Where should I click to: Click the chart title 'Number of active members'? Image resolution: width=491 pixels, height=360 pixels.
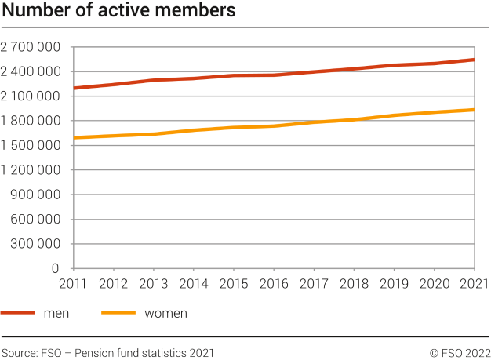pos(118,12)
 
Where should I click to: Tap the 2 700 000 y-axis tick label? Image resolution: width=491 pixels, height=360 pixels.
pos(31,47)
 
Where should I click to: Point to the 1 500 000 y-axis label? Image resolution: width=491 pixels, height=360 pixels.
pos(31,145)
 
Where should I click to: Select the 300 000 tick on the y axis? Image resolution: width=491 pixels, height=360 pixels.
pos(35,244)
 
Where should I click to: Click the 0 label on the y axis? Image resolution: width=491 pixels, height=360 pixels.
pos(56,268)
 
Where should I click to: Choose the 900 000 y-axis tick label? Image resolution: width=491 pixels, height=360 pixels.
pos(35,195)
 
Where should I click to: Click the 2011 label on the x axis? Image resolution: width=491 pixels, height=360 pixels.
pos(72,283)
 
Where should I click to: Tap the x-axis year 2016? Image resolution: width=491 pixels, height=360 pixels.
pos(273,283)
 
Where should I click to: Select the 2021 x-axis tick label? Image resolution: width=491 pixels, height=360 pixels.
pos(474,283)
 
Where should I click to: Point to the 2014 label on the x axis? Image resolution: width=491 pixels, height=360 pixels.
pos(193,283)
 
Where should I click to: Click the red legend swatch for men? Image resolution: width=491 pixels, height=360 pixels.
pos(18,313)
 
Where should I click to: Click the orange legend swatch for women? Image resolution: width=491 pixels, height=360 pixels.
pos(118,313)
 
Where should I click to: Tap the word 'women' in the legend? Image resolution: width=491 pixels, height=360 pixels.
pos(165,314)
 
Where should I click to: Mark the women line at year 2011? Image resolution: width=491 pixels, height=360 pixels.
pos(73,138)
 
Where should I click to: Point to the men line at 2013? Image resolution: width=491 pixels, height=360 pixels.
pos(153,80)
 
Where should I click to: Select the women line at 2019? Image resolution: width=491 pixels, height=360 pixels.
pos(394,115)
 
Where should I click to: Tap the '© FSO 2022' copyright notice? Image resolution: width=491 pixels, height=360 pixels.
pos(460,353)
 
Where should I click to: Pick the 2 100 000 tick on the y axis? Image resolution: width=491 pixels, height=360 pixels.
pos(31,96)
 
